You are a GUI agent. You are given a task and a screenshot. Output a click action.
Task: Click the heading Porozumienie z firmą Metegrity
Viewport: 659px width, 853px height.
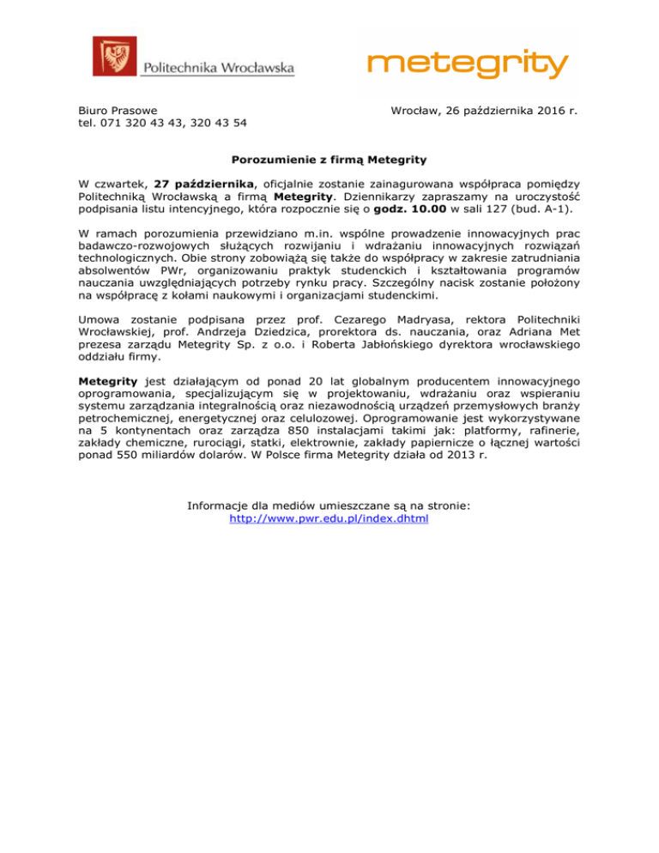pyautogui.click(x=329, y=159)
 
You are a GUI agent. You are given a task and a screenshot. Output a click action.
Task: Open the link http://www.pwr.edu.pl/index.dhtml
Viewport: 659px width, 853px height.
pyautogui.click(x=329, y=518)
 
